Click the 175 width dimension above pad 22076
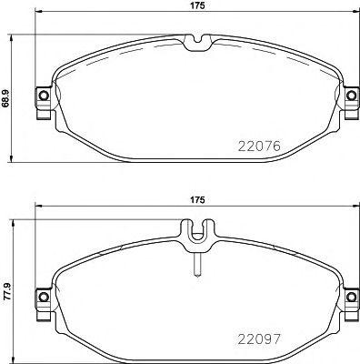(195, 7)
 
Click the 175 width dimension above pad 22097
(195, 197)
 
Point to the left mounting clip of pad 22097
(43, 298)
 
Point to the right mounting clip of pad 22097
(349, 298)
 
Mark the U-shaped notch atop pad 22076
(195, 41)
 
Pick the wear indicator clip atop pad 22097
(195, 236)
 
